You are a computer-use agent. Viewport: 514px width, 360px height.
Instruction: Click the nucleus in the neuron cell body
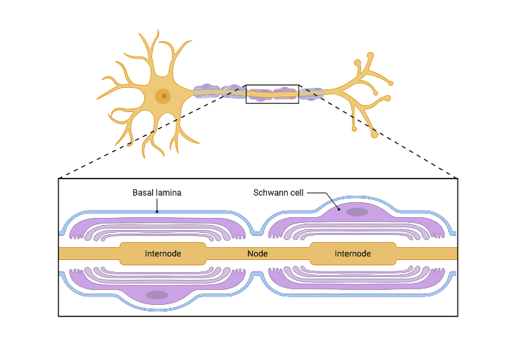coord(163,95)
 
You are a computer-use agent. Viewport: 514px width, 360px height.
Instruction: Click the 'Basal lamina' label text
coord(156,193)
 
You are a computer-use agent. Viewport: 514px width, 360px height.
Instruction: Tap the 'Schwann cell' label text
coord(279,193)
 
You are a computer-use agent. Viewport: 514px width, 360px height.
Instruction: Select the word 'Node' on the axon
coord(257,254)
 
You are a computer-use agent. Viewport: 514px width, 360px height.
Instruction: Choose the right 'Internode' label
coord(353,254)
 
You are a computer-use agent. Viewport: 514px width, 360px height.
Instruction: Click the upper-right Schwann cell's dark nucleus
coord(357,212)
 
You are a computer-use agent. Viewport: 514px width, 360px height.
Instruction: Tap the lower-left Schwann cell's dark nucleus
coord(157,295)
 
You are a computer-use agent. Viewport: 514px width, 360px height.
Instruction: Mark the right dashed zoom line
coord(385,136)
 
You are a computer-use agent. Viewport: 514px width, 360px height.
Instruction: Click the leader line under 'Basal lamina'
coord(157,205)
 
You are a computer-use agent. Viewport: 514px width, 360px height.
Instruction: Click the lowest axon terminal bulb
coord(375,134)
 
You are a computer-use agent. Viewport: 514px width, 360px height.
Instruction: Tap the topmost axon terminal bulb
coord(370,55)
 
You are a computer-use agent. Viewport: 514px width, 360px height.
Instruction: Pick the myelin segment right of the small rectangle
coord(311,93)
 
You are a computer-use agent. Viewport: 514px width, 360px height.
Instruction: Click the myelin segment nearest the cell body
coord(207,91)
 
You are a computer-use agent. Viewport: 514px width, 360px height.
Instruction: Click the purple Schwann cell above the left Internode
coord(157,223)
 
